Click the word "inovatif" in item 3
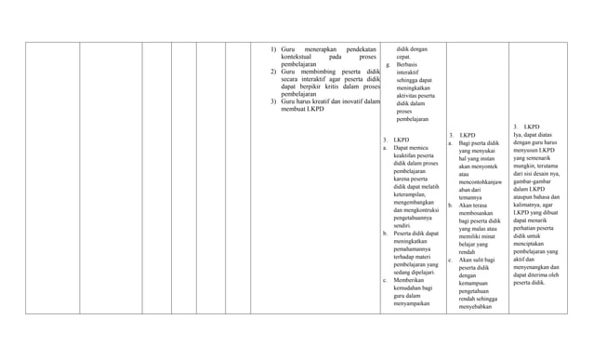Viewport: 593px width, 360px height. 349,101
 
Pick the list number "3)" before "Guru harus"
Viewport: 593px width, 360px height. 273,101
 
